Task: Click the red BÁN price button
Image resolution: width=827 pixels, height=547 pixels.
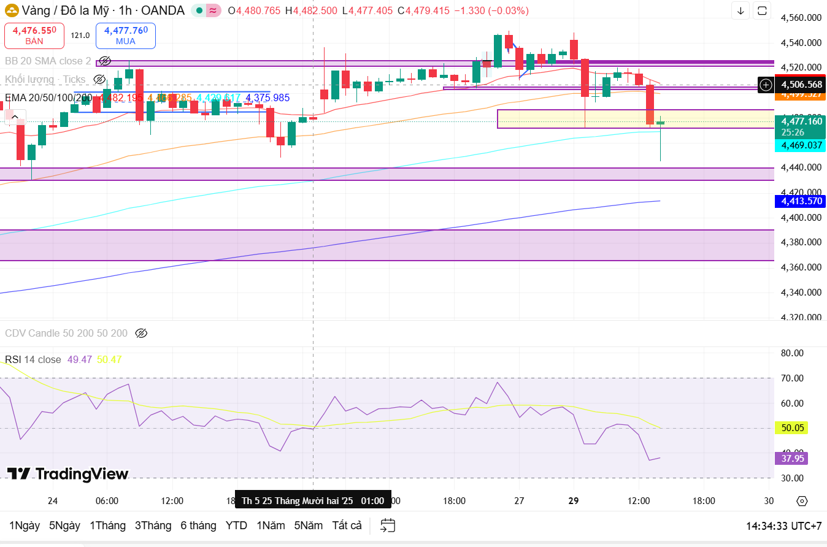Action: click(34, 36)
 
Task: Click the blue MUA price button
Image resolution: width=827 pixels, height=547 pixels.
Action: click(125, 36)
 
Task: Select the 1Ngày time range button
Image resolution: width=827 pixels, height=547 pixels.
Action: click(25, 526)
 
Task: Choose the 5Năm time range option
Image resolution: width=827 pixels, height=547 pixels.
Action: click(308, 526)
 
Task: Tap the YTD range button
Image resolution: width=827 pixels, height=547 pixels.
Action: click(236, 526)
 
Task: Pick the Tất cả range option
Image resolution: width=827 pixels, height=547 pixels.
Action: click(347, 526)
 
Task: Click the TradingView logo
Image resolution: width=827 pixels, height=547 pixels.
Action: click(67, 473)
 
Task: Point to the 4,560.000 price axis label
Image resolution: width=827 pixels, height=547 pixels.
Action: click(801, 18)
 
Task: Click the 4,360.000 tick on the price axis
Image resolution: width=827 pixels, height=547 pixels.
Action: click(801, 267)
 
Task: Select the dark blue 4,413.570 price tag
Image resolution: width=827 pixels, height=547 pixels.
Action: click(800, 201)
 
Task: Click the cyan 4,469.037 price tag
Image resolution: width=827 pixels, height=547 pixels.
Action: click(800, 145)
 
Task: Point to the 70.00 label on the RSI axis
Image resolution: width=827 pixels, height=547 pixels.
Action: click(793, 378)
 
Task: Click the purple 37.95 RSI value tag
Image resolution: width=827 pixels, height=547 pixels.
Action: click(791, 458)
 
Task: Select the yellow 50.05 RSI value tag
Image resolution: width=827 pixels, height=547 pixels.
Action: click(791, 427)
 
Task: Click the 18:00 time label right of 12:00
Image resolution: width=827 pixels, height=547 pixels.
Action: click(704, 501)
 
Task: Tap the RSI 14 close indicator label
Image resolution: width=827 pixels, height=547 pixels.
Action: click(33, 359)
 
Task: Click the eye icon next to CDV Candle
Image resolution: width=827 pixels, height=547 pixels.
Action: click(141, 334)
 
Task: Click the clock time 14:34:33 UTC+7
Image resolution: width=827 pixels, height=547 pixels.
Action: click(783, 526)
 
